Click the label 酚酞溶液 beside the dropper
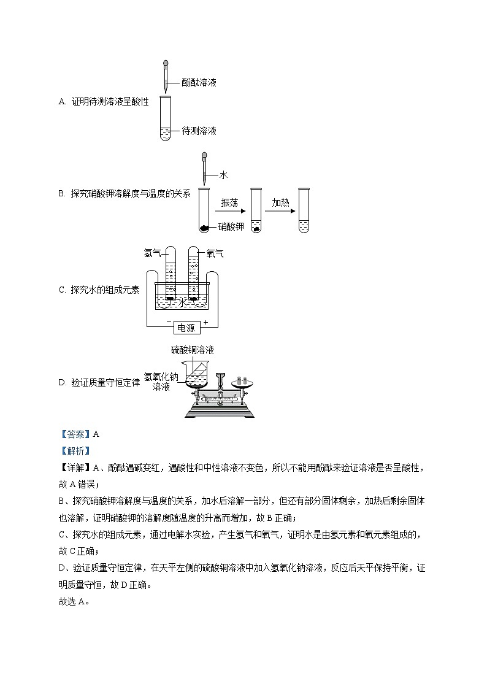pos(199,82)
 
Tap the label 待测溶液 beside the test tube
pos(199,131)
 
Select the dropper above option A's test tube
pos(166,75)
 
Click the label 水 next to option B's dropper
pos(223,175)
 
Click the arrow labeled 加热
pos(280,210)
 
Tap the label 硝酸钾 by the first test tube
pos(231,228)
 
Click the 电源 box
pos(186,328)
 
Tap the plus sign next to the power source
pos(206,321)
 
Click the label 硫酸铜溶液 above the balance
pos(193,350)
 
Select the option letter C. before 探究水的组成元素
pos(62,290)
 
